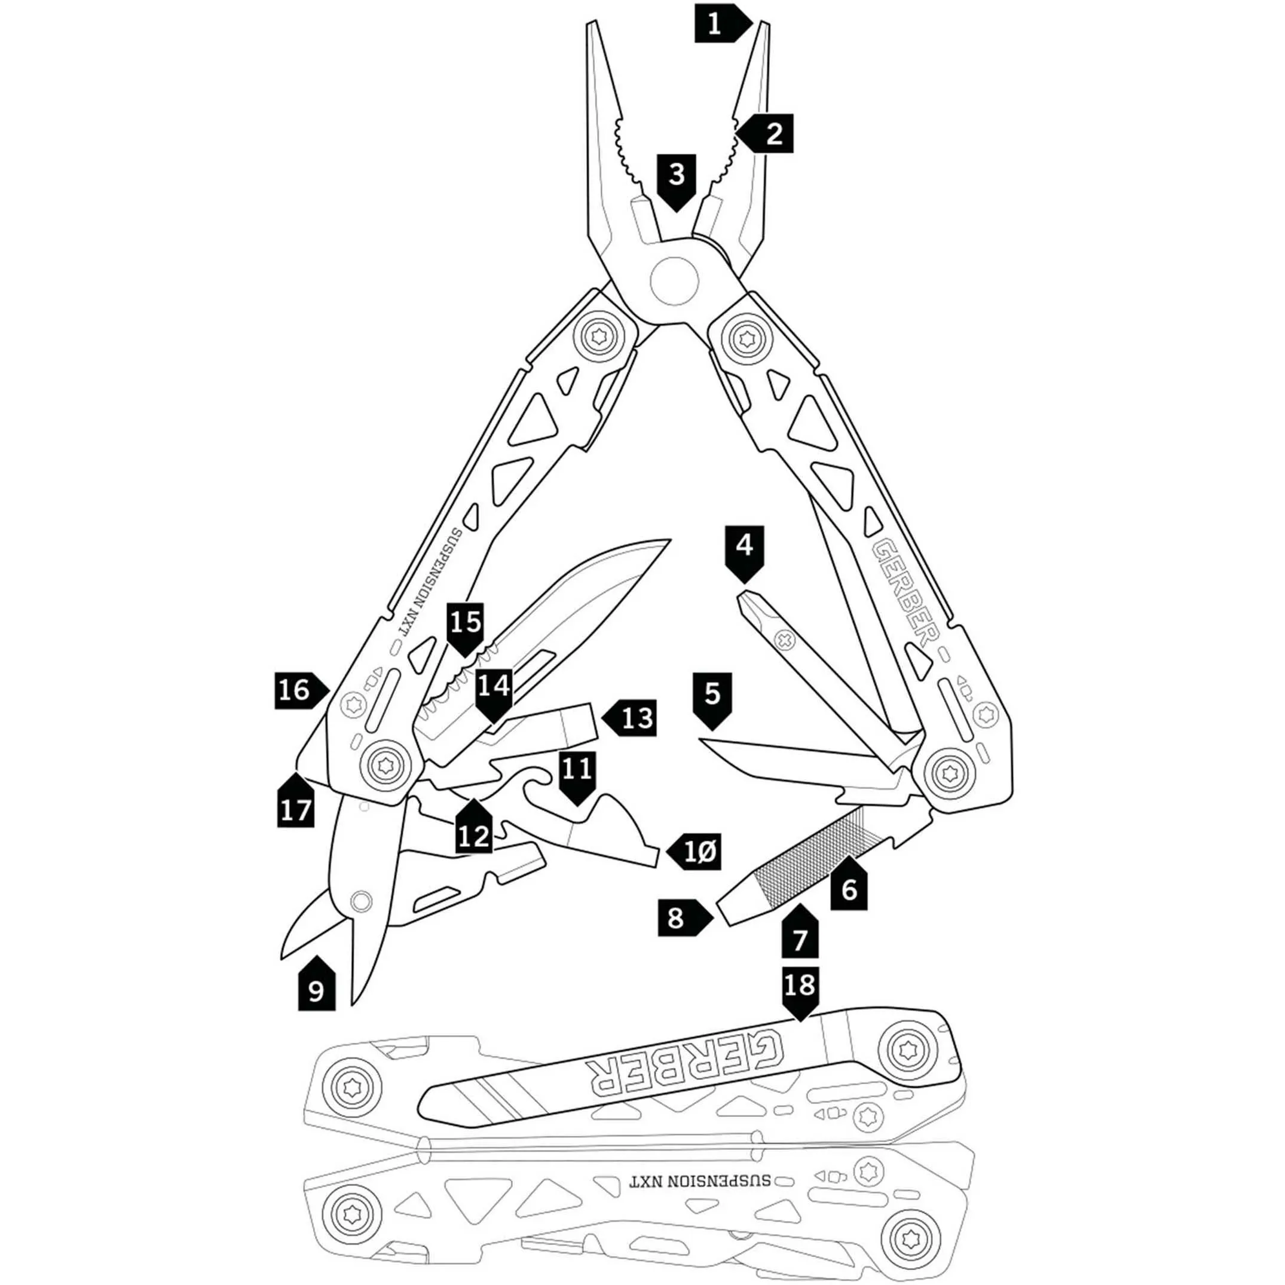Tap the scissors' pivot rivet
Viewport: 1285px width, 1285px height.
point(361,901)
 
